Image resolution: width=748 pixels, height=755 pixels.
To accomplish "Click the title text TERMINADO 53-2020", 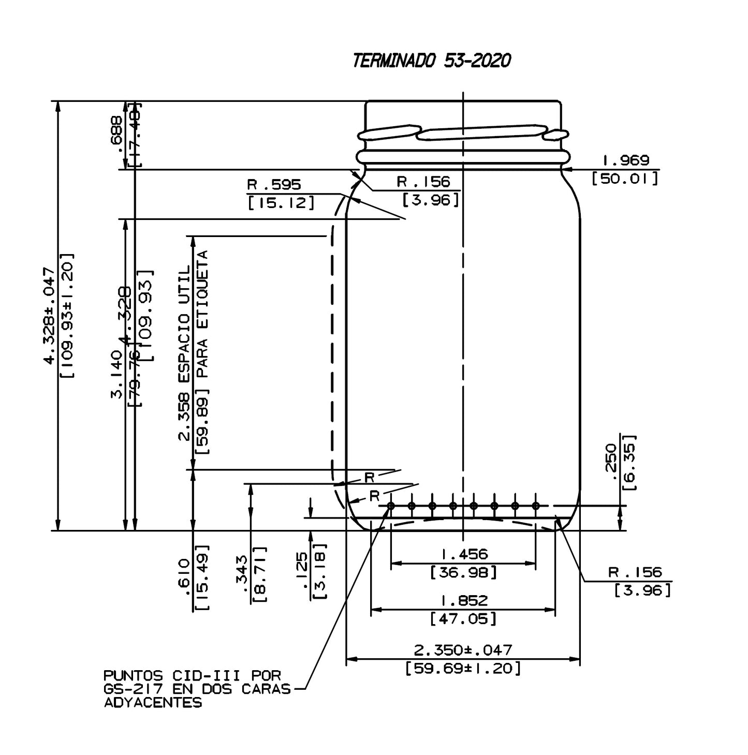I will point(431,61).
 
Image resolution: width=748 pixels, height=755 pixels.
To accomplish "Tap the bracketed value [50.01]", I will point(625,179).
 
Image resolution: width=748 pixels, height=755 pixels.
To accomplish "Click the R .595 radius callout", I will point(274,184).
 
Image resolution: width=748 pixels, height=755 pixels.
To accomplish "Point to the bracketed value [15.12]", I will point(281,203).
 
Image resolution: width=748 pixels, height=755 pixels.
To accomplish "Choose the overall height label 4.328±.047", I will point(49,316).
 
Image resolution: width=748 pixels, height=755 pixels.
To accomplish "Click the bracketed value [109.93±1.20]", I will point(67,316).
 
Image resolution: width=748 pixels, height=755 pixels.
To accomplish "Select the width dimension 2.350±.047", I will point(463,649).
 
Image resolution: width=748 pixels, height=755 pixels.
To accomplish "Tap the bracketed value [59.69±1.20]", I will point(463,668).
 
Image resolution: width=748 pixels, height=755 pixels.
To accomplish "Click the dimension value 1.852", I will point(464,600).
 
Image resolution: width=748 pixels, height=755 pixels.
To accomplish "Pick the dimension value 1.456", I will point(464,554).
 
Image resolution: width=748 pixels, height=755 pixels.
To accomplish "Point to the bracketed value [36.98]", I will point(464,572).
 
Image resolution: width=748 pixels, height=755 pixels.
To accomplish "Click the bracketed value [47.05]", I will point(464,618).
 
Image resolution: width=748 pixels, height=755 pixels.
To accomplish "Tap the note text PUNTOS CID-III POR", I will point(192,676).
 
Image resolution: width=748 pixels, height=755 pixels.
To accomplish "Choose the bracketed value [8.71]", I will point(260,574).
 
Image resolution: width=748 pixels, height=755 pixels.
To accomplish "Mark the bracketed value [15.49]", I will point(203,577).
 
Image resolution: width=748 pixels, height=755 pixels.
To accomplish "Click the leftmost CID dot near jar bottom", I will point(391,506).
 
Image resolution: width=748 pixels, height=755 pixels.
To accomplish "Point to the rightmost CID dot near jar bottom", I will point(536,506).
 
